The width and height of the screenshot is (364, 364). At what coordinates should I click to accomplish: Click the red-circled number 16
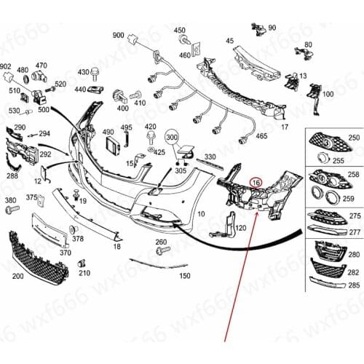click(255, 183)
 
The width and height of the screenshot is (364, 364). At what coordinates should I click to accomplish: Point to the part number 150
click(185, 277)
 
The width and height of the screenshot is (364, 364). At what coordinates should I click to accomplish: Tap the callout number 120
click(240, 228)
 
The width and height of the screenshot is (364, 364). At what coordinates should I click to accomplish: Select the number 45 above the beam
click(230, 41)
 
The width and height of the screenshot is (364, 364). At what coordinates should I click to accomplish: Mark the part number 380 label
click(10, 199)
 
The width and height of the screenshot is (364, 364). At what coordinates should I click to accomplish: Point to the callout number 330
click(210, 157)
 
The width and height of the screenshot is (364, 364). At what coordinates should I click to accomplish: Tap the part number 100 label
click(328, 95)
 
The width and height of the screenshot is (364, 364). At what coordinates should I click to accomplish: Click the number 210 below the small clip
click(84, 273)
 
